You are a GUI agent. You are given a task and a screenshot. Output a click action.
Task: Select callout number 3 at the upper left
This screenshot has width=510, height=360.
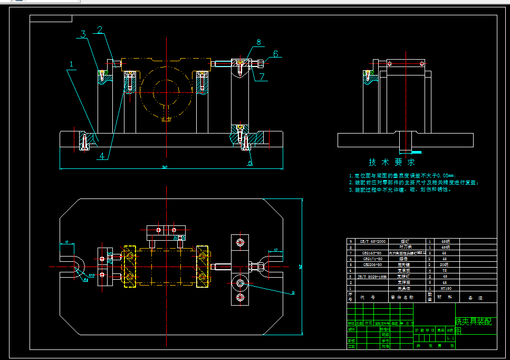click(x=82, y=35)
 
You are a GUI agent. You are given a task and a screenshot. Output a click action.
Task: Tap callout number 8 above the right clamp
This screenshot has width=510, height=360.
click(x=258, y=42)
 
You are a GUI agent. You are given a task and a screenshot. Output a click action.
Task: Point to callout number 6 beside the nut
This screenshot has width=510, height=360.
click(x=275, y=54)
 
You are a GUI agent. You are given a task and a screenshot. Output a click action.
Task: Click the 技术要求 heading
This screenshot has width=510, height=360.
click(x=391, y=162)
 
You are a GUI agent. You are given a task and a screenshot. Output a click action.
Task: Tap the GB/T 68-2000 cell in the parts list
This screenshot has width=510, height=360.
click(x=372, y=241)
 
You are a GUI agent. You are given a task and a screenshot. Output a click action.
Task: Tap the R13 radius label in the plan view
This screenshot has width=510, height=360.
click(x=91, y=275)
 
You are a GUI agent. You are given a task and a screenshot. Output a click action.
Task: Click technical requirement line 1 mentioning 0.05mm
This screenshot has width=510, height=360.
click(x=402, y=175)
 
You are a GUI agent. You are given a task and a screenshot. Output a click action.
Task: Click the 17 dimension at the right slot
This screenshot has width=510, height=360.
click(x=275, y=250)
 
